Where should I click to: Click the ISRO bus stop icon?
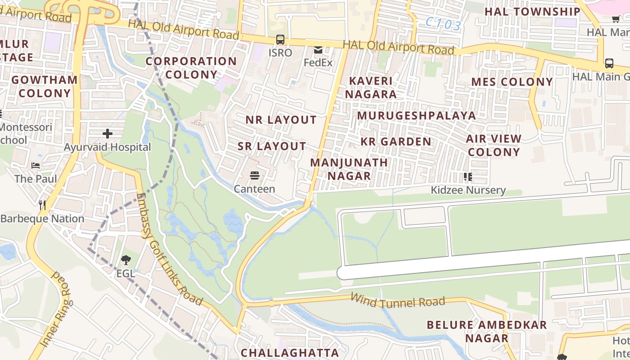point(280,40)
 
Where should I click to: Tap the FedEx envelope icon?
point(318,50)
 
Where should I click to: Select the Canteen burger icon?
point(255,175)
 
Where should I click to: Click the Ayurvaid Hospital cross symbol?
point(108,134)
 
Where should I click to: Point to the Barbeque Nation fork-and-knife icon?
point(42,205)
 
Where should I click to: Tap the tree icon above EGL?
point(126,260)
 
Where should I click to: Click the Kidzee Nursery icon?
point(468,177)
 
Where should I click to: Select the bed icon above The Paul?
point(36,166)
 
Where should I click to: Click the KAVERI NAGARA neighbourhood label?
point(371,87)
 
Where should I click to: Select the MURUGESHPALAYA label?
point(416,116)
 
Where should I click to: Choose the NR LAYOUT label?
point(281,120)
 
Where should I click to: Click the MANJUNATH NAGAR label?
point(349,169)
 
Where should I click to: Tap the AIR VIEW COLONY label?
point(494,145)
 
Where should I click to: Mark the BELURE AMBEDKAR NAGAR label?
point(486,331)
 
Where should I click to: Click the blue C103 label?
point(443,24)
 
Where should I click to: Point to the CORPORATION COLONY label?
point(191,67)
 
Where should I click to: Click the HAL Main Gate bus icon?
point(609,63)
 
